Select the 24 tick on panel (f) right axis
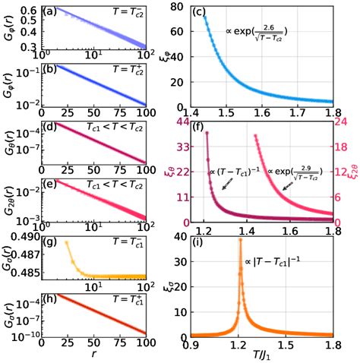point(342,122)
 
